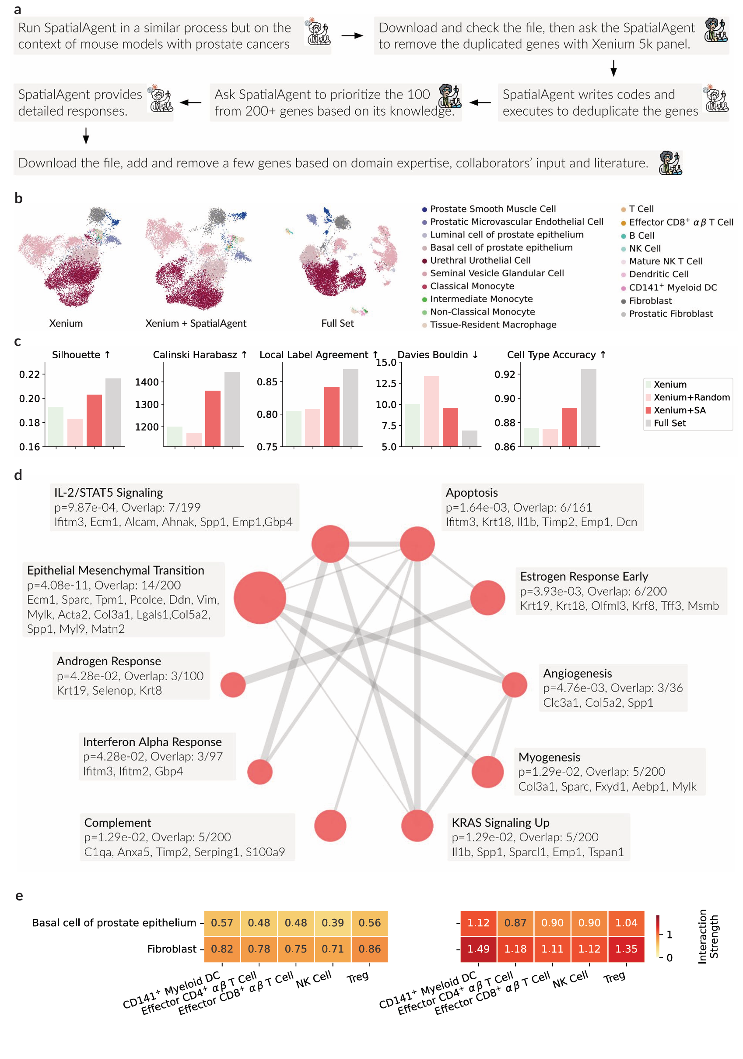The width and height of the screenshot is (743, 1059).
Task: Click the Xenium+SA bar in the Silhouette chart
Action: (x=94, y=420)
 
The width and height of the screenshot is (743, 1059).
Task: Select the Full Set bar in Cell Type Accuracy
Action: (x=589, y=408)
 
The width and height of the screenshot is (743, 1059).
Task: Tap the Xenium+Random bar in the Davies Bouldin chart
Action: (x=431, y=411)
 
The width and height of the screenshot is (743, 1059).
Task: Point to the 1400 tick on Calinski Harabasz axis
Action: (x=147, y=382)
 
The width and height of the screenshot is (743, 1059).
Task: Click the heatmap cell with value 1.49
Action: (x=478, y=949)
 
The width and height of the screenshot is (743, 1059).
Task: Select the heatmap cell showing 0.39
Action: (x=333, y=922)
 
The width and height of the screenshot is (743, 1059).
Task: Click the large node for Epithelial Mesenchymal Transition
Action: (x=260, y=598)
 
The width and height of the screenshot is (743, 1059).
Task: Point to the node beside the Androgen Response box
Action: (x=233, y=685)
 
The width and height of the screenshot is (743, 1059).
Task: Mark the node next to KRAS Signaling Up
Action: (x=417, y=826)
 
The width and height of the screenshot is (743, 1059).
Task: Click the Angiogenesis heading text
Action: (x=578, y=674)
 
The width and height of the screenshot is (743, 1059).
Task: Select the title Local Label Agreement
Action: (x=314, y=355)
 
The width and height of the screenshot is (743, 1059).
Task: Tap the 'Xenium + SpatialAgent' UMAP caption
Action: (x=196, y=323)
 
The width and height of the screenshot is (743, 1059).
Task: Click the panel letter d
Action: (x=18, y=475)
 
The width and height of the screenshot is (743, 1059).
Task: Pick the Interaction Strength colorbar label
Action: (x=708, y=936)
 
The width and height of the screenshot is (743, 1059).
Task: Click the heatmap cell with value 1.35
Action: (x=627, y=949)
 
